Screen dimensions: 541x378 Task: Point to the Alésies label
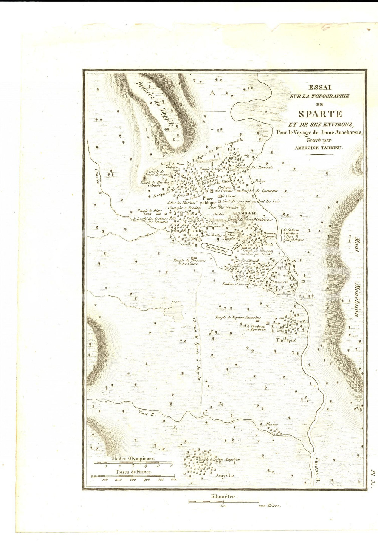[272, 424]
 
